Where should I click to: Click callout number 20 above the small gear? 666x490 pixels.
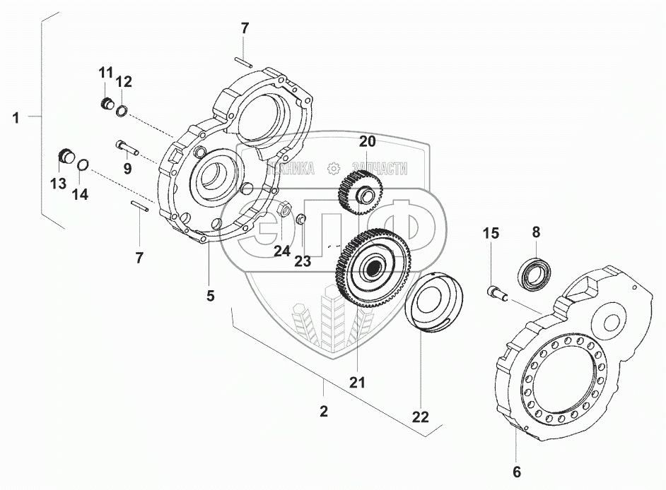368,141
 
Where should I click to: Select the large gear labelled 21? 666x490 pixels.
373,268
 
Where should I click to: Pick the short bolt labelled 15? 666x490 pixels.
497,293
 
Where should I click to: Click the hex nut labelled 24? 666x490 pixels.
284,210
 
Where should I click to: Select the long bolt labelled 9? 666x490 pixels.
127,148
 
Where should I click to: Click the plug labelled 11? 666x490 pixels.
106,103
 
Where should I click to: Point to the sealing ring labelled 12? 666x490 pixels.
122,112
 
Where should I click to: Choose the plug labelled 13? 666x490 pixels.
66,156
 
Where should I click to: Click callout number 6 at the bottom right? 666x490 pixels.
517,472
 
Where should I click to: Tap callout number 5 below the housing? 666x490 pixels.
210,295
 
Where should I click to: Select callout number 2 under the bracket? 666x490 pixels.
324,411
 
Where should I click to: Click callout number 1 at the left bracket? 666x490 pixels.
16,117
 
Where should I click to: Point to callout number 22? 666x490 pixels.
421,417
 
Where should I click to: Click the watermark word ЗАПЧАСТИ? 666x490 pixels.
379,169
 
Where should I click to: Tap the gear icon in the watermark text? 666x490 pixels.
334,169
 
